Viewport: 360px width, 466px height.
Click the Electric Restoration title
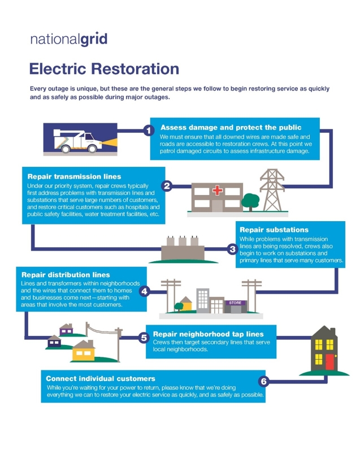tap(104, 69)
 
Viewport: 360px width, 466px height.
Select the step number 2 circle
tap(166, 186)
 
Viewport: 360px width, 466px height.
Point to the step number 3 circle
tap(232, 249)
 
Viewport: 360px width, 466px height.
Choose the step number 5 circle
tap(144, 338)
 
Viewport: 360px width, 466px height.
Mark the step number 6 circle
tap(263, 381)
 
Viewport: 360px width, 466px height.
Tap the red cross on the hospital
tap(217, 190)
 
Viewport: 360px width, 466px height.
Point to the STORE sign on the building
tap(235, 303)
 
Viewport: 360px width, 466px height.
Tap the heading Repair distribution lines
tap(65, 275)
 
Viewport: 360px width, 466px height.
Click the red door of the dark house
tap(329, 361)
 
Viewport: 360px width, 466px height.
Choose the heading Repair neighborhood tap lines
tap(207, 334)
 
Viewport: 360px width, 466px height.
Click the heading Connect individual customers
tap(101, 378)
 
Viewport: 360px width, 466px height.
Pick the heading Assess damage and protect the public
tap(231, 127)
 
